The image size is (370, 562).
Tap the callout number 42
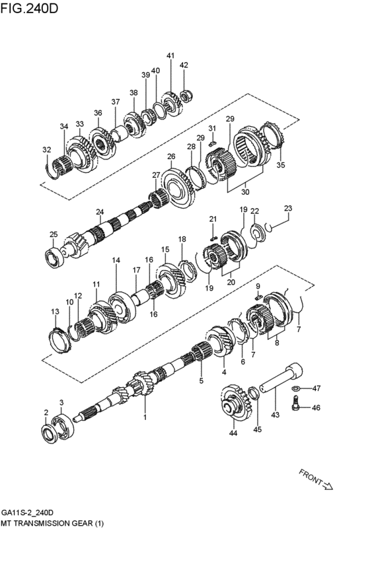184,65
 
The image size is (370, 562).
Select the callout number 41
170,55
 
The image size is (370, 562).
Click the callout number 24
99,212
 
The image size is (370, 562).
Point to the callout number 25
54,234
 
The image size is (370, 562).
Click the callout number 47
316,388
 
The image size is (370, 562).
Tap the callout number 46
316,408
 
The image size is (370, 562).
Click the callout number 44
233,434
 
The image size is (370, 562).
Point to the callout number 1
145,417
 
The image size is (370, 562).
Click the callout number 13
55,311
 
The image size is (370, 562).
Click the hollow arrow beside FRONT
327,487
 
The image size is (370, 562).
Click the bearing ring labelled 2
49,433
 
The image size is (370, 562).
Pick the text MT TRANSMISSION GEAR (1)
53,523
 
